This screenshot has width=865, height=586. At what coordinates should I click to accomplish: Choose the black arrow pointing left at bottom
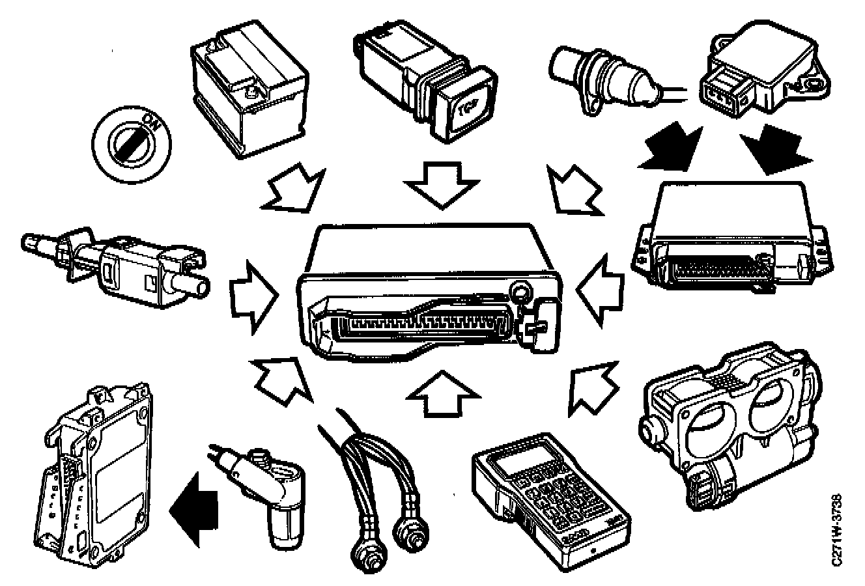pyautogui.click(x=192, y=504)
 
